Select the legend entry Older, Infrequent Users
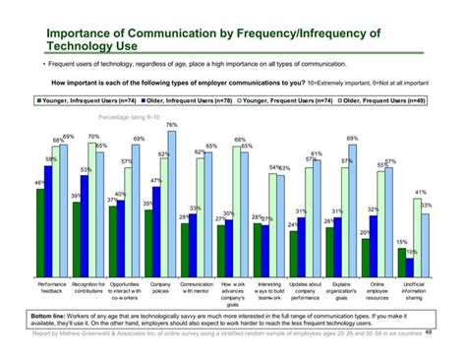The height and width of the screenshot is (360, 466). [191, 99]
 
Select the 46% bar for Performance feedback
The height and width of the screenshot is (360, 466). [40, 222]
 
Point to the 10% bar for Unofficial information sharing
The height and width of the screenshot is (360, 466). [411, 264]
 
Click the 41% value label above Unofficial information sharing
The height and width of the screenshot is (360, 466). [420, 193]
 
